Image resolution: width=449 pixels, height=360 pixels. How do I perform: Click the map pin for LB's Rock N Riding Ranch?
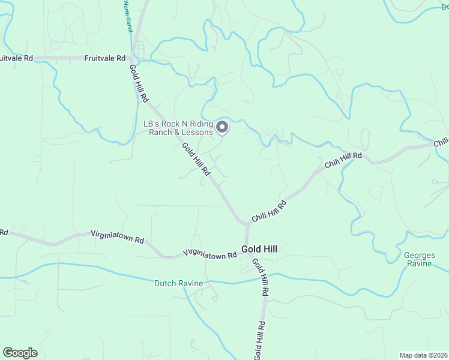point(222,127)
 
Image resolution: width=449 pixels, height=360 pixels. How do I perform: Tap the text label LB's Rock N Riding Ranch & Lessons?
point(178,128)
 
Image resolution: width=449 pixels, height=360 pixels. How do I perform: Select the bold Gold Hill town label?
point(259,248)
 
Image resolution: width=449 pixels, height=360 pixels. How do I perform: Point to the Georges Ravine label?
point(420,259)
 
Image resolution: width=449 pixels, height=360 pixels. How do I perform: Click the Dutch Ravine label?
point(179,283)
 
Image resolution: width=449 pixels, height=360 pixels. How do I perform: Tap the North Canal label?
point(127,17)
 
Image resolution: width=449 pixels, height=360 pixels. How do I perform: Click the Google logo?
point(20,353)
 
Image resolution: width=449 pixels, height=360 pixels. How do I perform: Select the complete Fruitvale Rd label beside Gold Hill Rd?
point(105,58)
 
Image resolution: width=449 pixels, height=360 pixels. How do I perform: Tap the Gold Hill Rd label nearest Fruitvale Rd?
point(139,83)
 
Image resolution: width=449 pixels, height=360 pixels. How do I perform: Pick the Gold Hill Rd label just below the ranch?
point(196,158)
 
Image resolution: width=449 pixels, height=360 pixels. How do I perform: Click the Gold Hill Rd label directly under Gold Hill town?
point(260,277)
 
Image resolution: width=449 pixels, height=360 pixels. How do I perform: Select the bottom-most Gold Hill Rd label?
point(259,340)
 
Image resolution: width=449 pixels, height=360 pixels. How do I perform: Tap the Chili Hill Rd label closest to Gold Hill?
point(269,212)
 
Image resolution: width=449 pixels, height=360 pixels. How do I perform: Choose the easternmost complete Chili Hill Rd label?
point(343,160)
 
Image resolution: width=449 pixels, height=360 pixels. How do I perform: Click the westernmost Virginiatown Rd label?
point(118,236)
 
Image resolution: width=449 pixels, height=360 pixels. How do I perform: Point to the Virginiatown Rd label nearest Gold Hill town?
point(210,254)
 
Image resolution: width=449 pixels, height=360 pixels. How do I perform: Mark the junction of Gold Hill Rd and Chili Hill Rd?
point(246,223)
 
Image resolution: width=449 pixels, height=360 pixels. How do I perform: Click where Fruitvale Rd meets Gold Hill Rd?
point(134,58)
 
